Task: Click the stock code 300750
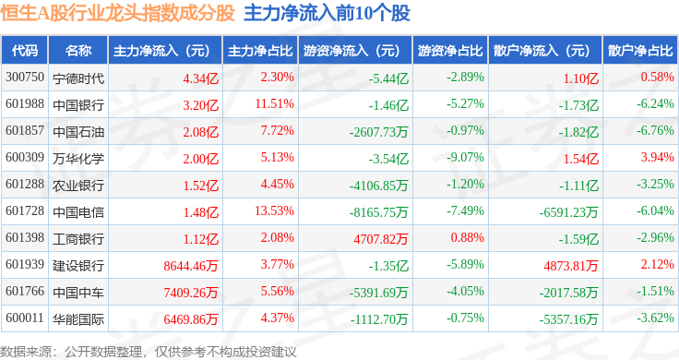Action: (25, 78)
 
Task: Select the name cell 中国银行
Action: (78, 105)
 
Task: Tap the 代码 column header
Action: (25, 51)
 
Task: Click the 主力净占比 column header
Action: (260, 51)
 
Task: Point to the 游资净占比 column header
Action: (450, 51)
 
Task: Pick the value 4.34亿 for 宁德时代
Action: (200, 78)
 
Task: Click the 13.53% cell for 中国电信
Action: (275, 211)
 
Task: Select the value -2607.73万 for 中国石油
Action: (379, 132)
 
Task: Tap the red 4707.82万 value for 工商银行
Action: (381, 239)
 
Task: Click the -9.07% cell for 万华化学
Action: (466, 157)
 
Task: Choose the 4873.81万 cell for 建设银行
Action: (571, 266)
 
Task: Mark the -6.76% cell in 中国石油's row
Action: (655, 130)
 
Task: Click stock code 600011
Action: (25, 318)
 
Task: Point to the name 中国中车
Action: (78, 293)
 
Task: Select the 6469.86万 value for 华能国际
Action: (191, 319)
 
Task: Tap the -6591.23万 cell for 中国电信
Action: (568, 212)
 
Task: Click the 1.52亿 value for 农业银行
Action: (200, 186)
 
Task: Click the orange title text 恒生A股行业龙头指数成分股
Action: (117, 14)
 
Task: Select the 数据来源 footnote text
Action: (26, 352)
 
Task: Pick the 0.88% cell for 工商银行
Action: (467, 237)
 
